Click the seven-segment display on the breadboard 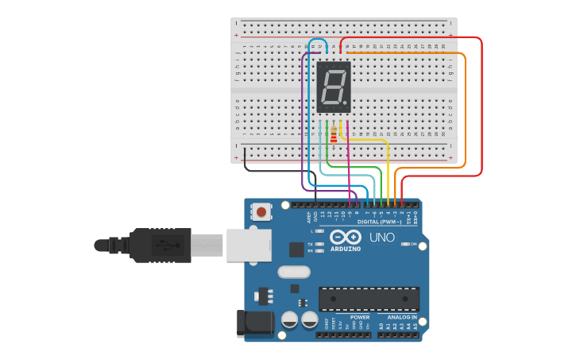pos(334,86)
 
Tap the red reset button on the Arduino pos(261,211)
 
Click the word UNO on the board pos(382,238)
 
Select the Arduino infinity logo pos(345,237)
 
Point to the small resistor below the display pos(333,136)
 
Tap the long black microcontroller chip pos(369,299)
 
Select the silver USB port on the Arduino pos(249,245)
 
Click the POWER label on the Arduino pos(359,317)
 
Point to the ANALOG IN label pos(396,317)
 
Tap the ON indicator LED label pos(413,244)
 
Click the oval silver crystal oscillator pos(293,272)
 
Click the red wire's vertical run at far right pos(481,103)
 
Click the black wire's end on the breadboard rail pos(245,150)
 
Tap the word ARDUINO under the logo pos(346,249)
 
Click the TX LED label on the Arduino pos(310,244)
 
